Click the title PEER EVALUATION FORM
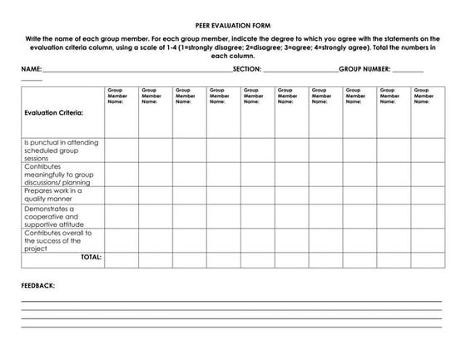(x=232, y=27)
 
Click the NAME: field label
(x=31, y=70)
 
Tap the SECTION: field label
(x=247, y=70)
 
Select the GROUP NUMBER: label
(x=364, y=70)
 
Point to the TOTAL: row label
(x=91, y=258)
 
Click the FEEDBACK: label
(x=38, y=285)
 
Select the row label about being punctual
(x=61, y=150)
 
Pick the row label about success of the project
(x=58, y=240)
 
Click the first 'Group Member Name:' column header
(x=120, y=96)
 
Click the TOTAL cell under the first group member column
(x=121, y=259)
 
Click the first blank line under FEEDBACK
(x=231, y=301)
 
